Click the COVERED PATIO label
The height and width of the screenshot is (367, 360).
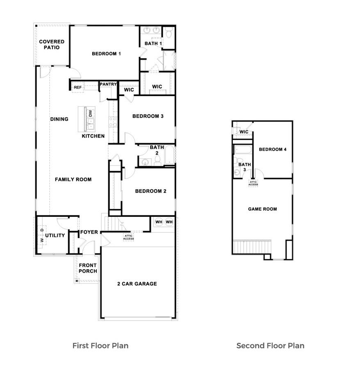point(52,44)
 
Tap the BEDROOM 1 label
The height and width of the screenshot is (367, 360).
point(106,53)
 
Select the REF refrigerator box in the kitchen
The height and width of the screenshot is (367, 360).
point(77,87)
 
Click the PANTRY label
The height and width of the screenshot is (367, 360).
point(108,85)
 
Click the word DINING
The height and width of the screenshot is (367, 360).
point(59,119)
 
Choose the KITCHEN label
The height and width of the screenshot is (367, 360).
point(93,136)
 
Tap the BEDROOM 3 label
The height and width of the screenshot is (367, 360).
point(148,116)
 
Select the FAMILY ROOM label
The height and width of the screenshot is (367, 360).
point(73,179)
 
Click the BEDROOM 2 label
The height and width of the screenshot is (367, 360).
point(150,191)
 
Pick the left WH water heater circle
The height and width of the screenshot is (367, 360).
point(159,222)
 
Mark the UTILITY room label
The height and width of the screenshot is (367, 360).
point(55,235)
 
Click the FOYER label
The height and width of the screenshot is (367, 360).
point(89,232)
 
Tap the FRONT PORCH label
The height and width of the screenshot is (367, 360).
point(88,268)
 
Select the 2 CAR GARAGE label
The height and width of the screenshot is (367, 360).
point(137,284)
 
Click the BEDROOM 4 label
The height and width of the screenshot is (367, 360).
point(272,149)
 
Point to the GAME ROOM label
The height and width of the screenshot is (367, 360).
point(262,209)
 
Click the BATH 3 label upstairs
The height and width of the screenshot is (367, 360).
point(242,167)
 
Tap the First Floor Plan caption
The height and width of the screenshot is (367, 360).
point(100,346)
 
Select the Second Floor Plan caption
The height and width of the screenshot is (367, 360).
point(270,346)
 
